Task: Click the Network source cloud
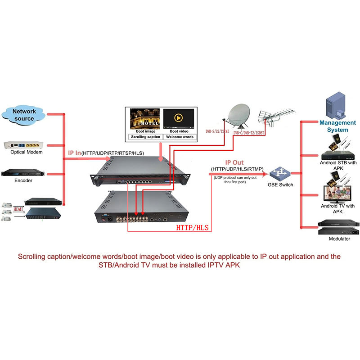coord(24,115)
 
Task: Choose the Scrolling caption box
coord(144,136)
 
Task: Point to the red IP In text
coord(74,153)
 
